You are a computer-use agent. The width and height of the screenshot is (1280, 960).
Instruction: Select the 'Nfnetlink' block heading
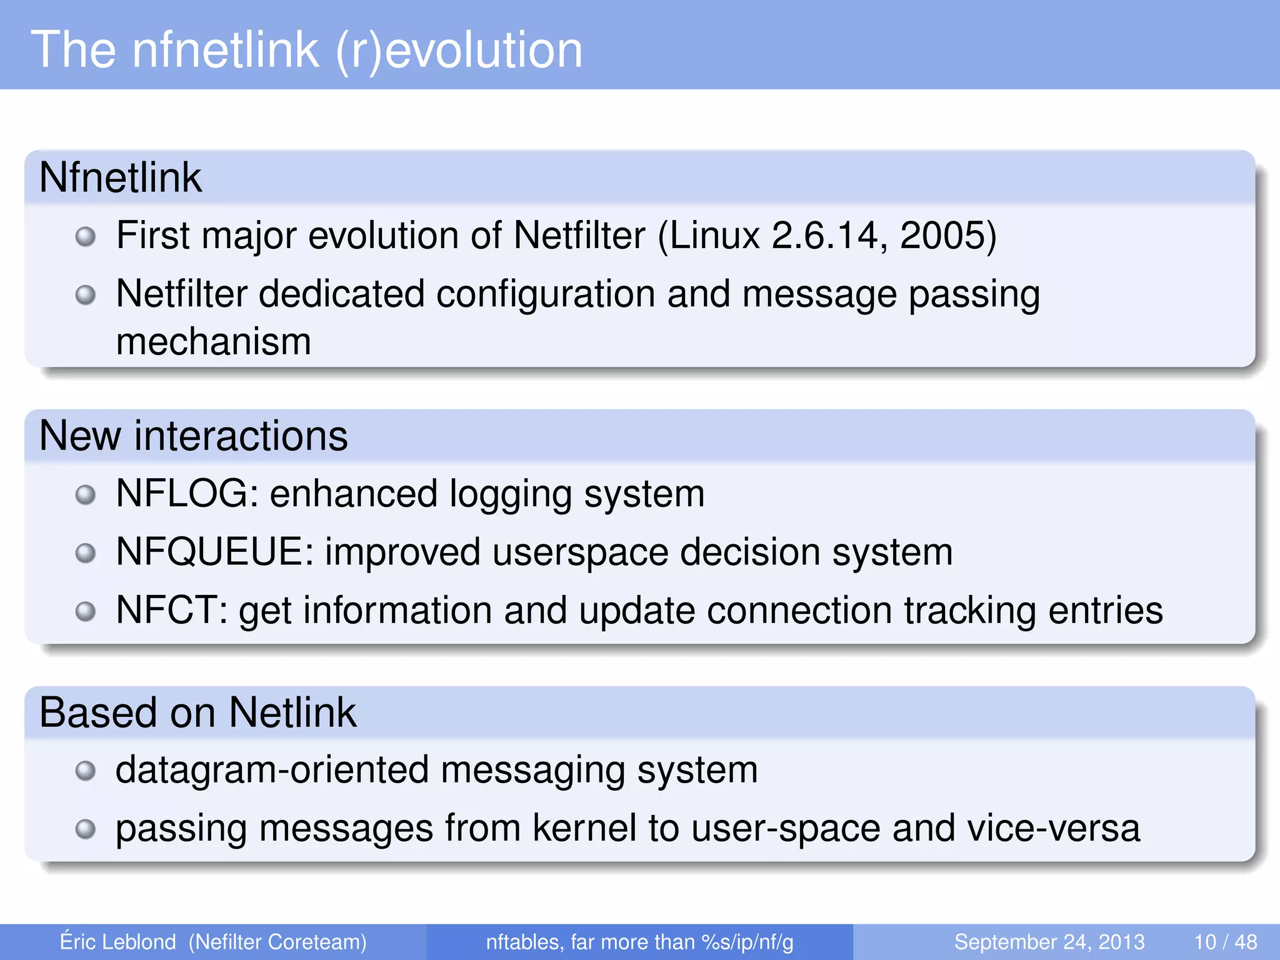[120, 177]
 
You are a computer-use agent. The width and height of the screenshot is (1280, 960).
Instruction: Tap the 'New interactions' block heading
[193, 436]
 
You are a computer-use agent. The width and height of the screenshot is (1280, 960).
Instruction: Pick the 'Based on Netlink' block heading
[197, 712]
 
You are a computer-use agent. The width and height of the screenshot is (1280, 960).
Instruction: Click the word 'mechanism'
[214, 342]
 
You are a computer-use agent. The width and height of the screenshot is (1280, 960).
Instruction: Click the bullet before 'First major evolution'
[86, 237]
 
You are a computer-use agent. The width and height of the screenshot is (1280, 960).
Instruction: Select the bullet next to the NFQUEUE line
[86, 553]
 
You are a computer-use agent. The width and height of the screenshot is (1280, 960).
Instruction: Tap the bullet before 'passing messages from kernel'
[86, 829]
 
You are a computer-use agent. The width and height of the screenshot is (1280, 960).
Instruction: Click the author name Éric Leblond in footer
[117, 942]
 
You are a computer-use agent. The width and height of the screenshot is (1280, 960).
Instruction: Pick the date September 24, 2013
[1049, 942]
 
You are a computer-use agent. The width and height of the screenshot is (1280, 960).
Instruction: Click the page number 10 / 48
[1225, 942]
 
